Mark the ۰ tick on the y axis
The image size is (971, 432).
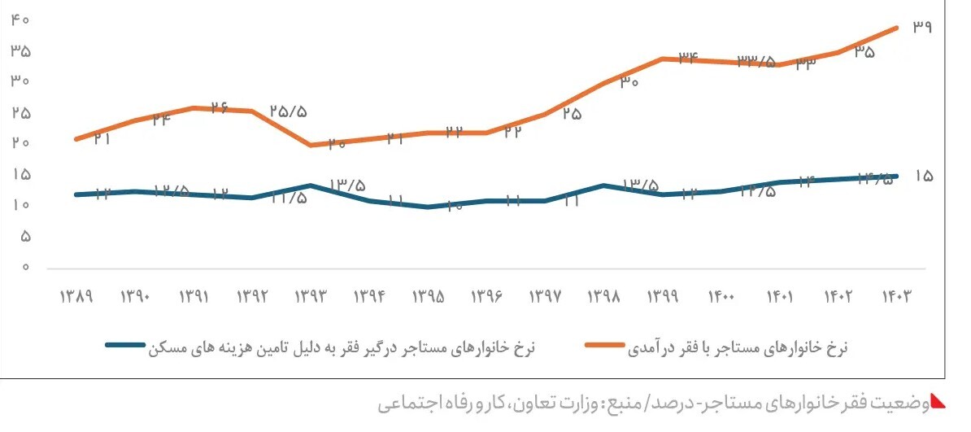point(25,267)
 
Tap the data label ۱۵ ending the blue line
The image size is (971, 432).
point(923,175)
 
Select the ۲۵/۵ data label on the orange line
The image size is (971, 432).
point(289,111)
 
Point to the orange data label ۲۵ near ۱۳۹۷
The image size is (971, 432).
point(572,114)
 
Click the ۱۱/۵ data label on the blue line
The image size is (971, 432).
point(289,198)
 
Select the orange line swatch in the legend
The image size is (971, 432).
point(605,345)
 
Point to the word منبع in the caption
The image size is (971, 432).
point(622,403)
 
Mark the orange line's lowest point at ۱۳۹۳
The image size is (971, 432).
point(311,146)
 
